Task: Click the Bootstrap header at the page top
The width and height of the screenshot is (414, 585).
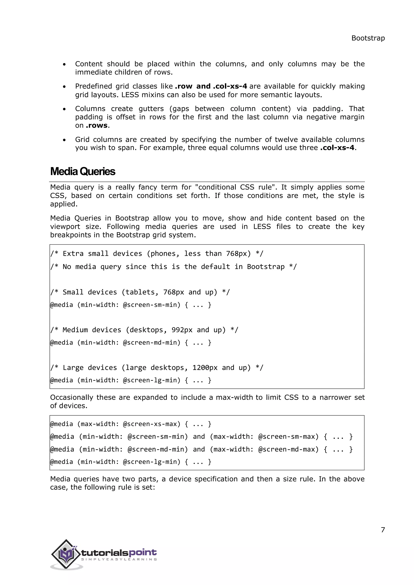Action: point(368,38)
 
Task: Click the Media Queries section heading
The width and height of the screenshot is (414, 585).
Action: point(83,172)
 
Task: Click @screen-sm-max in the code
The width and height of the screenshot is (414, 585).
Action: point(288,437)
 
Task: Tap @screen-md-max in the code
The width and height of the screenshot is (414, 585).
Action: point(288,449)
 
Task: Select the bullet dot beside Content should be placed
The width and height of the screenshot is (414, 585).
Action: point(64,65)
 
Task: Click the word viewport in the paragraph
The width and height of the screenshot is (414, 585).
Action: point(65,227)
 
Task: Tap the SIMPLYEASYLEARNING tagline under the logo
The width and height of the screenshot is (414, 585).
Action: point(119,559)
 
